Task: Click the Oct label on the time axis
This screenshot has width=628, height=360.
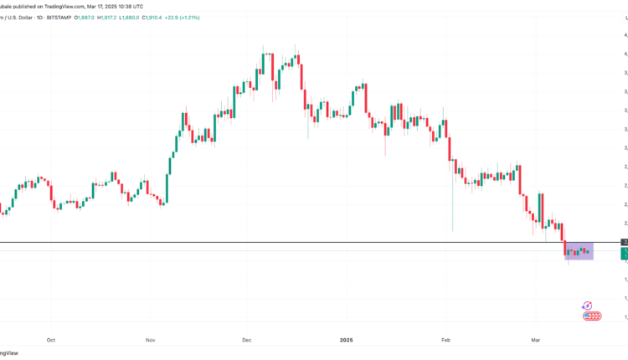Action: click(x=51, y=340)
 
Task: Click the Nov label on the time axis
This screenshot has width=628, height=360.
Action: click(x=150, y=340)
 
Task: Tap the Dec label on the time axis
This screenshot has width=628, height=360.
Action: click(x=247, y=340)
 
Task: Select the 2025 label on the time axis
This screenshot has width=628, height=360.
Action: click(x=347, y=340)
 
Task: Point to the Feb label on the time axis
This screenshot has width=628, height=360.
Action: click(x=445, y=340)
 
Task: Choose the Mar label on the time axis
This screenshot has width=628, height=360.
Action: click(x=535, y=340)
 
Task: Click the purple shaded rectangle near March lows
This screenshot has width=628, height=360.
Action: click(x=579, y=250)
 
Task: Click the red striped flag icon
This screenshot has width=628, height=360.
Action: click(x=592, y=316)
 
